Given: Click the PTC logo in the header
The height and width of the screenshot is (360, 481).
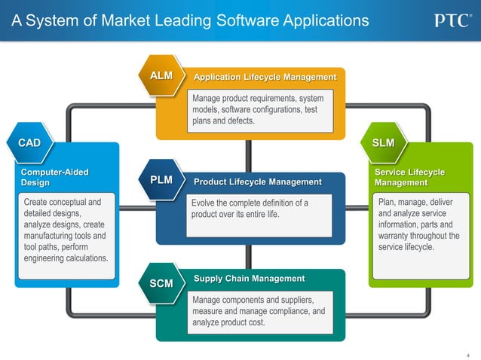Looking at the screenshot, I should (x=452, y=20).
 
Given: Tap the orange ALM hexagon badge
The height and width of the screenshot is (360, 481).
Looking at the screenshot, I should (x=161, y=76).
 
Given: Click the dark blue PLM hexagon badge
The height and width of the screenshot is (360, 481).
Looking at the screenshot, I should (x=161, y=181).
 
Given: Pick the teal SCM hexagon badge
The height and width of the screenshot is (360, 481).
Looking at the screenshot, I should (x=161, y=284).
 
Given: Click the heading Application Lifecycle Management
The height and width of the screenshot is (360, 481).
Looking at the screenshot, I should (x=265, y=78).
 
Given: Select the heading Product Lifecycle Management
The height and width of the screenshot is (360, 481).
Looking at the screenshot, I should (x=257, y=182).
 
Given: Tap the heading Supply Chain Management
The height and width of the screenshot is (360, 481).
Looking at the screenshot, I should (x=249, y=279).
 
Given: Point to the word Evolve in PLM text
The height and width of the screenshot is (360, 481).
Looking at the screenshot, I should (x=204, y=203).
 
